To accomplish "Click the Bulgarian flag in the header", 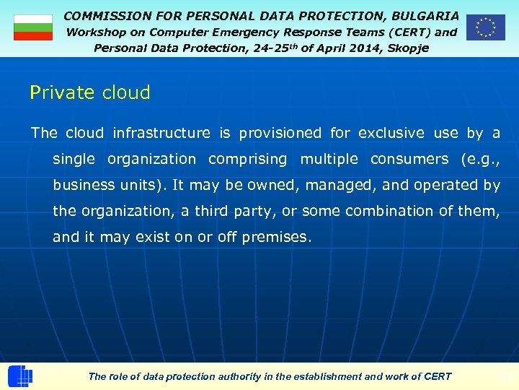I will [x=33, y=27].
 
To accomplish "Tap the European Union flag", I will [x=485, y=27].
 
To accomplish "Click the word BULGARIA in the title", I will [x=425, y=15].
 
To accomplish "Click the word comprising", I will [x=247, y=159].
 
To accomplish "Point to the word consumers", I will [x=409, y=159].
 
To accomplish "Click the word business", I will [x=83, y=185].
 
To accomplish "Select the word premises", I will [x=277, y=237].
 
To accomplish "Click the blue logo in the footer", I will [x=20, y=376].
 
